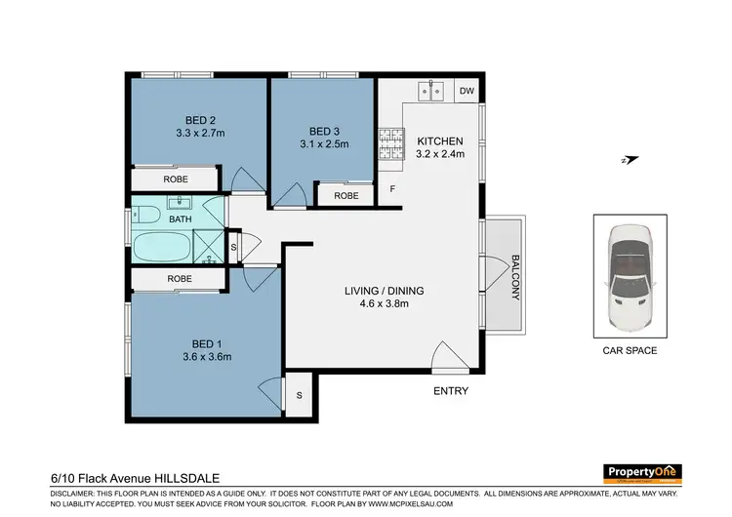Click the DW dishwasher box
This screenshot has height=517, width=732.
[x=467, y=92]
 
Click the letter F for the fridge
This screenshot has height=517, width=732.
[x=392, y=188]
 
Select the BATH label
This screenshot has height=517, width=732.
[x=181, y=220]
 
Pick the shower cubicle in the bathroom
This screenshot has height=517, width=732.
[x=209, y=247]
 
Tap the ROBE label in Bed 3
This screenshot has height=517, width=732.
[x=346, y=195]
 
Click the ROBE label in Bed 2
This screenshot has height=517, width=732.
[x=176, y=180]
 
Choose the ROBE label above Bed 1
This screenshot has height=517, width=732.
[x=179, y=279]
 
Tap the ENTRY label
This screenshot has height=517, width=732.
[x=451, y=391]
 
